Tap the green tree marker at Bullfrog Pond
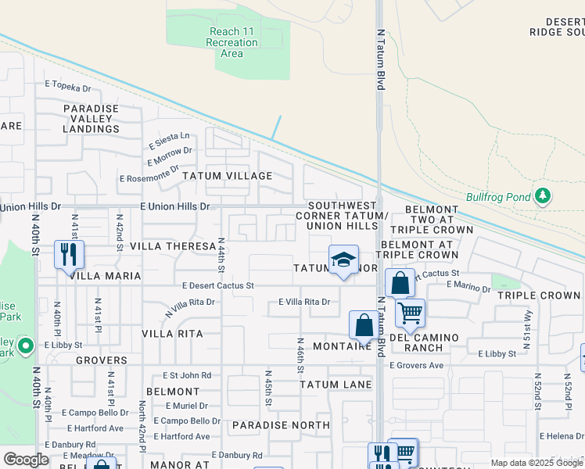tap(543, 195)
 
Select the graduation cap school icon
tap(343, 260)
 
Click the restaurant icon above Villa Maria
tap(69, 253)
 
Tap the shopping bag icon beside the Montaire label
tap(364, 324)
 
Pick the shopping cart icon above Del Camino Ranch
tap(410, 313)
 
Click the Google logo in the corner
tap(26, 460)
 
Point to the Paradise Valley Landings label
tap(91, 119)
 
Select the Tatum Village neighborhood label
tap(228, 176)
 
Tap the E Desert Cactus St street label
tap(218, 286)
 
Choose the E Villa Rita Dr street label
tap(304, 302)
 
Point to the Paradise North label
tap(281, 425)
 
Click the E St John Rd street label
tap(187, 375)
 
